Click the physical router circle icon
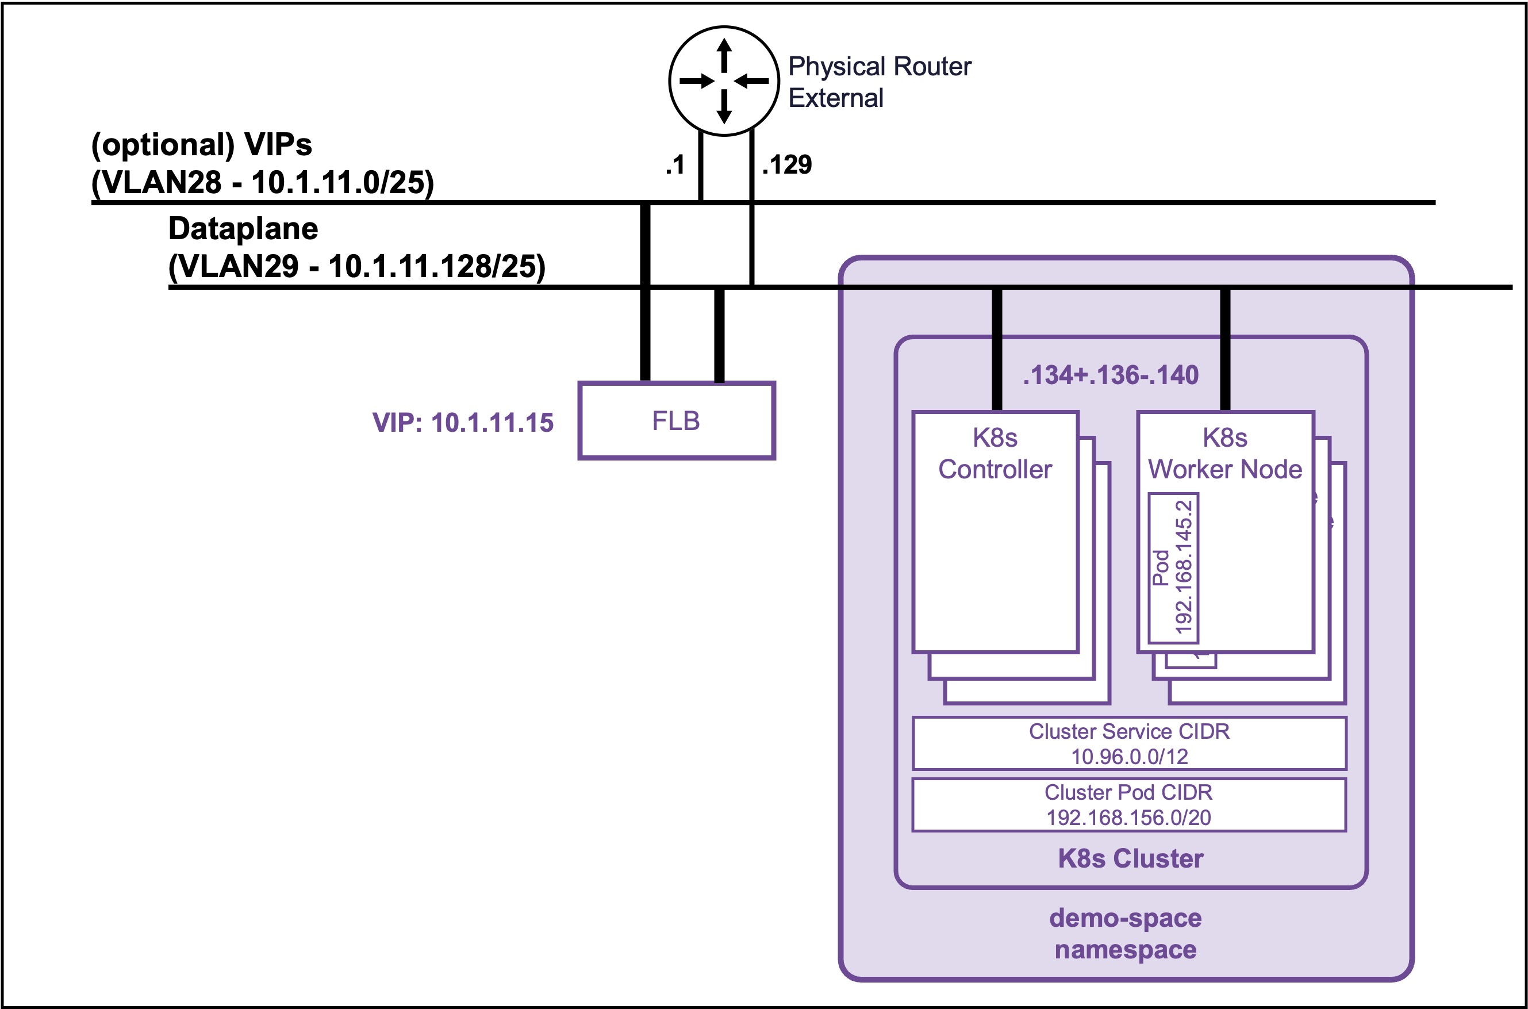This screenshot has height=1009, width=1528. (x=724, y=81)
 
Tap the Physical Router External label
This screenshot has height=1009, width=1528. (x=880, y=82)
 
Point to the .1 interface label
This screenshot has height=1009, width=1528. (x=675, y=165)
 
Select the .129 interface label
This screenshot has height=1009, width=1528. (x=787, y=165)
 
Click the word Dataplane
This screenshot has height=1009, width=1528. (x=243, y=228)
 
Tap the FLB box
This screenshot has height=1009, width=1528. (x=676, y=421)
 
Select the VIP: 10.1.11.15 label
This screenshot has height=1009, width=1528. (x=463, y=423)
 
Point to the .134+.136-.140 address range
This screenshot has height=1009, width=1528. (x=1111, y=374)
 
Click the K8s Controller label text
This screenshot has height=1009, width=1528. (x=995, y=454)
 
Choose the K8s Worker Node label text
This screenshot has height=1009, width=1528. (x=1225, y=454)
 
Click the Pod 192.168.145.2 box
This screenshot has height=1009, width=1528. (x=1173, y=567)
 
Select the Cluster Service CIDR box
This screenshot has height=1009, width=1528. (x=1129, y=743)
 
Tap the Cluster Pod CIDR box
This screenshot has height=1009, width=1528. (x=1129, y=805)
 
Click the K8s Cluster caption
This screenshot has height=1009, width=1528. (x=1130, y=858)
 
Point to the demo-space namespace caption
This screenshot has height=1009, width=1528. (x=1125, y=934)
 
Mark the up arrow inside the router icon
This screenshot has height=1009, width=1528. (x=724, y=55)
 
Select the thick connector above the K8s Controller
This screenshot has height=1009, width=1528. (x=997, y=350)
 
